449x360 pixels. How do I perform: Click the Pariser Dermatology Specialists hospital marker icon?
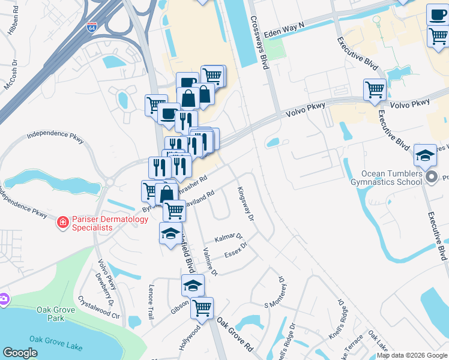tap(62, 223)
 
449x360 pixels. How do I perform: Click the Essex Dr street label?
tap(236, 250)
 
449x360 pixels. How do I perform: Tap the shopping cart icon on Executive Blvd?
tap(375, 89)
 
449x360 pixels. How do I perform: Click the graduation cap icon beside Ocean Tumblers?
tap(425, 155)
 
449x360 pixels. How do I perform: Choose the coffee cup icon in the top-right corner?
tap(437, 14)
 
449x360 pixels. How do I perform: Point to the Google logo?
tap(20, 352)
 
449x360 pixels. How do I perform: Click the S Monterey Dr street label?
tap(279, 293)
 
